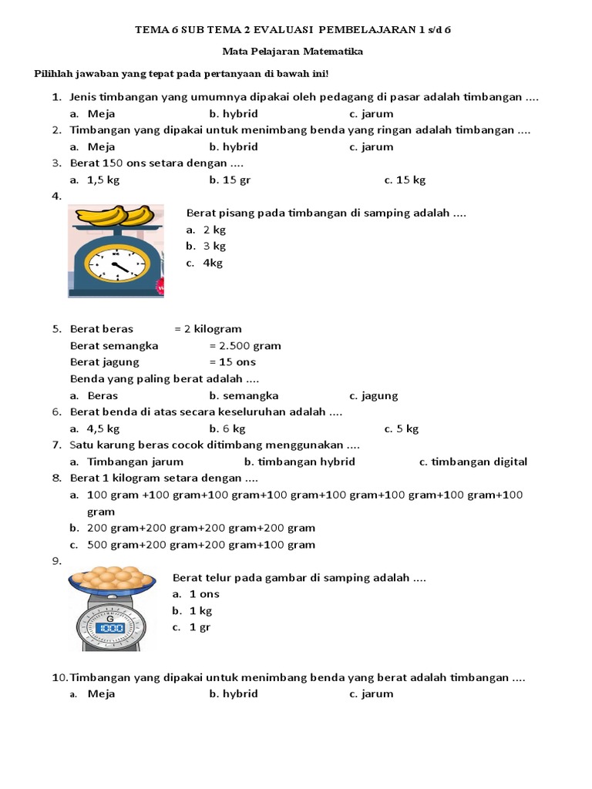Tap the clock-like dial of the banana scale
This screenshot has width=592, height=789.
pos(115,264)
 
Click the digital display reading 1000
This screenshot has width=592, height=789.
pos(110,628)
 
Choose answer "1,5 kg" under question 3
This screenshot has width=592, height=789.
pos(103,180)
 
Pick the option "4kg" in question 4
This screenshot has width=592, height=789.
pos(213,263)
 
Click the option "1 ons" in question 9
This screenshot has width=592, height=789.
pos(204,593)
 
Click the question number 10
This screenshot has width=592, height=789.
pos(59,677)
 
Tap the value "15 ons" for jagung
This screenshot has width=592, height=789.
pos(238,361)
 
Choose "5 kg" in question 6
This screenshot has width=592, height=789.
pos(407,428)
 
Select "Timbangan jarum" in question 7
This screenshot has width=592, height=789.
pos(136,462)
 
